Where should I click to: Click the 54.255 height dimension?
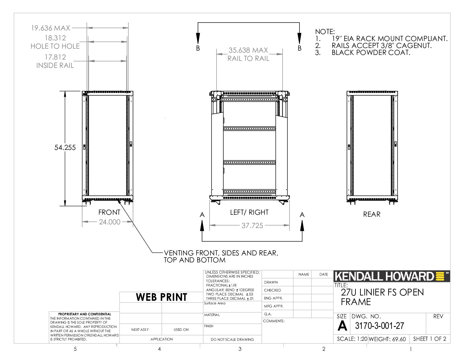pyautogui.click(x=65, y=148)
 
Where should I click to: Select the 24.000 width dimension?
pyautogui.click(x=110, y=222)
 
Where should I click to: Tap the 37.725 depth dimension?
pyautogui.click(x=252, y=226)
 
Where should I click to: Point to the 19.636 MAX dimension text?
pyautogui.click(x=51, y=28)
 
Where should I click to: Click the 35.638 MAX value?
pyautogui.click(x=248, y=50)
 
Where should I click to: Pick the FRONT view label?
pyautogui.click(x=109, y=212)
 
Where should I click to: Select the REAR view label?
pyautogui.click(x=372, y=214)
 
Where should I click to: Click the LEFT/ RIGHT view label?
pyautogui.click(x=249, y=212)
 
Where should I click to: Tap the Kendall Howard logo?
pyautogui.click(x=392, y=276)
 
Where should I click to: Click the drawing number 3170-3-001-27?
pyautogui.click(x=379, y=326)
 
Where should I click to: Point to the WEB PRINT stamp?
pyautogui.click(x=162, y=297)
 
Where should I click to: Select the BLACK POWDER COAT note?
pyautogui.click(x=371, y=53)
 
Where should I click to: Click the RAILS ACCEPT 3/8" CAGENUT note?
pyautogui.click(x=382, y=46)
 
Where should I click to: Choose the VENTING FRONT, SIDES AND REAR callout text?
pyautogui.click(x=221, y=253)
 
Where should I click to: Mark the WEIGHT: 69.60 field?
pyautogui.click(x=387, y=339)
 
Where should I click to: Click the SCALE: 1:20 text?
pyautogui.click(x=352, y=339)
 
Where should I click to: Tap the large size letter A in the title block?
pyautogui.click(x=342, y=326)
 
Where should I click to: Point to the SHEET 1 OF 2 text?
pyautogui.click(x=430, y=339)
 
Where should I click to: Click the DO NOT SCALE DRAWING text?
pyautogui.click(x=232, y=339)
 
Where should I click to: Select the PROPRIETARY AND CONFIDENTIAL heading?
pyautogui.click(x=85, y=314)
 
